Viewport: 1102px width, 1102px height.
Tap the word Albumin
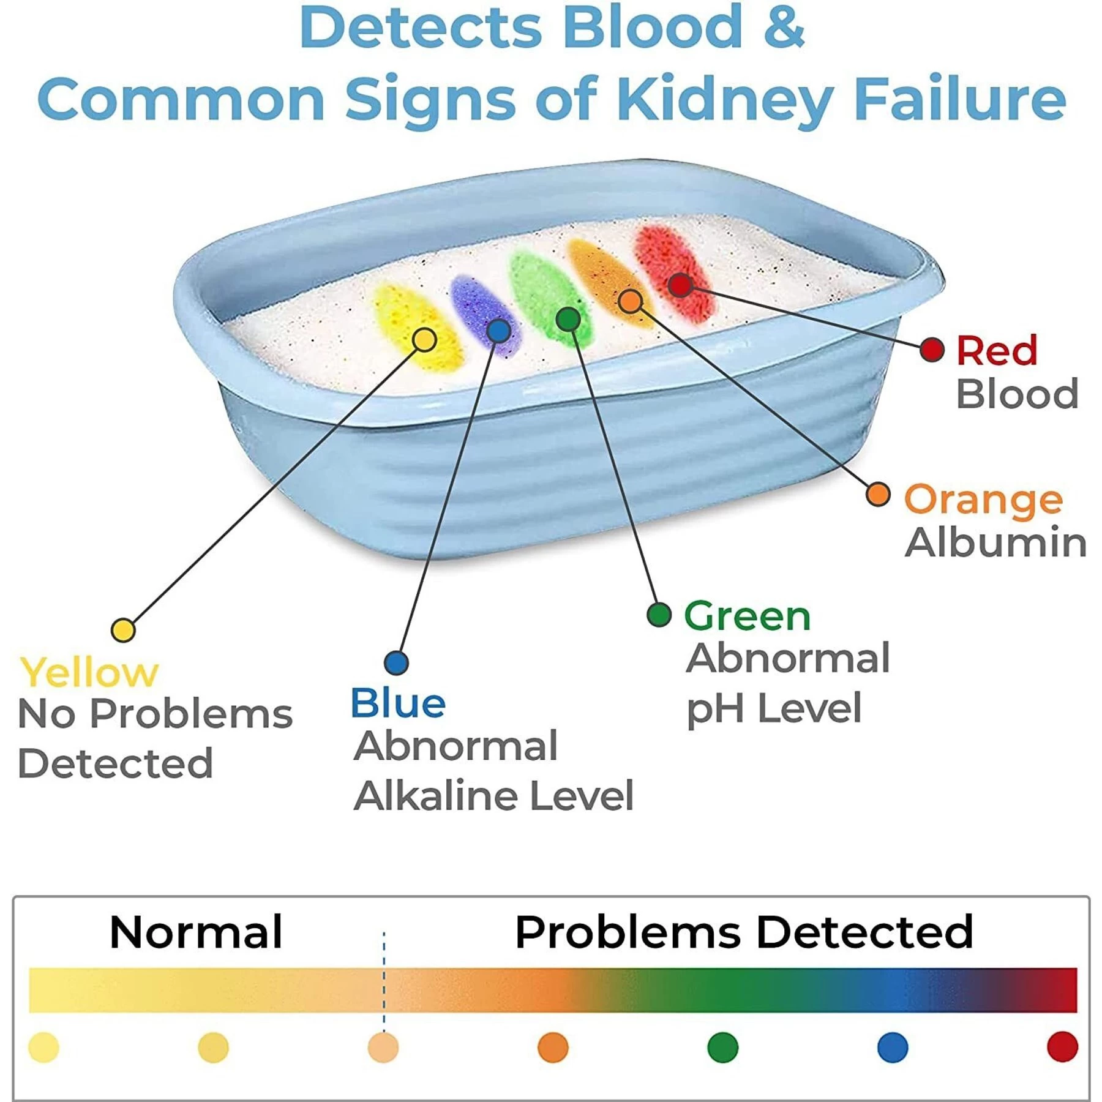tap(995, 542)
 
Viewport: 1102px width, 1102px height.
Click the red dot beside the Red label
tap(932, 350)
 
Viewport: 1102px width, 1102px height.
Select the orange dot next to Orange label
tap(878, 494)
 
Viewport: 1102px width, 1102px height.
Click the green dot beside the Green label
tap(659, 614)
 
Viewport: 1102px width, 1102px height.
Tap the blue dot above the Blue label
tap(396, 662)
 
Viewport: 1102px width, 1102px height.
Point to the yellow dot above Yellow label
tap(123, 630)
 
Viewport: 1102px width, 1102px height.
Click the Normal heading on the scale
tap(196, 932)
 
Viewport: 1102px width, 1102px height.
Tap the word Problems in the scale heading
tap(628, 932)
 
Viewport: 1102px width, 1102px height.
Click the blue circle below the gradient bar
tap(892, 1047)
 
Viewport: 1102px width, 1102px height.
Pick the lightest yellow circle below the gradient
tap(43, 1047)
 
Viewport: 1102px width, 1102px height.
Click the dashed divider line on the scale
tap(384, 980)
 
